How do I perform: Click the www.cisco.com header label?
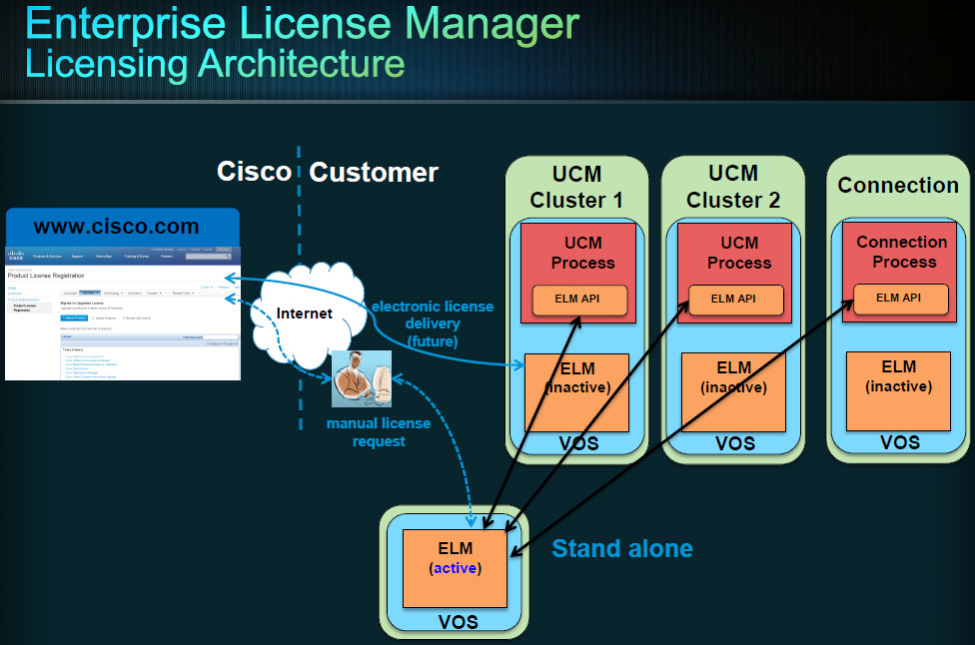click(116, 227)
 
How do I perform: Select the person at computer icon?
click(362, 379)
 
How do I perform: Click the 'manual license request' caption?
click(379, 431)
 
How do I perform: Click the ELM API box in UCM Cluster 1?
click(579, 299)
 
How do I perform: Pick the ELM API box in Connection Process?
click(898, 297)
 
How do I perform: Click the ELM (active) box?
click(454, 567)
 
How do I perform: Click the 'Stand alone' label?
click(621, 548)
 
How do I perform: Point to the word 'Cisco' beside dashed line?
click(254, 172)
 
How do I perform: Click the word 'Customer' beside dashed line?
click(374, 172)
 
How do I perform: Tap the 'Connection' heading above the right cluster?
click(898, 185)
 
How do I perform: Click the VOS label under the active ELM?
click(459, 622)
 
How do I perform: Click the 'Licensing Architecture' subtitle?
click(215, 63)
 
